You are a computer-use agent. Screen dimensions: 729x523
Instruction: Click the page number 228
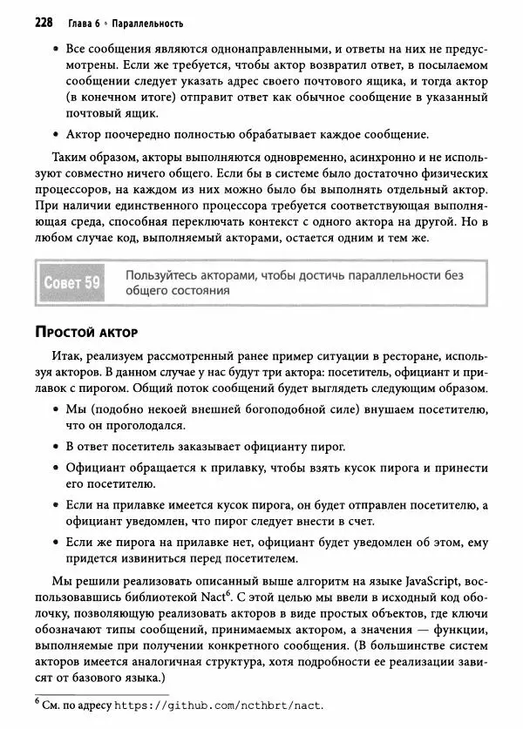click(x=44, y=20)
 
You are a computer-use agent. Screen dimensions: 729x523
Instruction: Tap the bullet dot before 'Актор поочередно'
click(x=55, y=135)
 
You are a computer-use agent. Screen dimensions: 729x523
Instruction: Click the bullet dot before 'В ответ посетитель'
click(x=55, y=448)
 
